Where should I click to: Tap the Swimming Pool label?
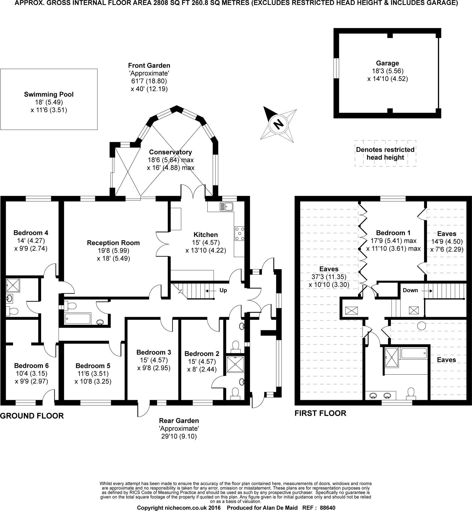tap(49, 94)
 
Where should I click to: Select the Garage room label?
tap(387, 63)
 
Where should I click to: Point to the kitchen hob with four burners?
tap(239, 234)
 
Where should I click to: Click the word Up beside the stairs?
tap(223, 290)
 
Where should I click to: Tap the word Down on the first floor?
tap(410, 290)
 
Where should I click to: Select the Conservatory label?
tap(170, 152)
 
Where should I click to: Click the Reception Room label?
tap(113, 243)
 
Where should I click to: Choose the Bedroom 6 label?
tap(31, 366)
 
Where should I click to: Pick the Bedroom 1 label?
tap(393, 233)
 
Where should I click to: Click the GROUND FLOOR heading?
tap(32, 416)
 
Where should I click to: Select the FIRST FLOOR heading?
tap(320, 413)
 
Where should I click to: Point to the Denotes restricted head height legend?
tap(385, 153)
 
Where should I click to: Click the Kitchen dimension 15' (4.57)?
tap(206, 243)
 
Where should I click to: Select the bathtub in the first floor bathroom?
tap(414, 354)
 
